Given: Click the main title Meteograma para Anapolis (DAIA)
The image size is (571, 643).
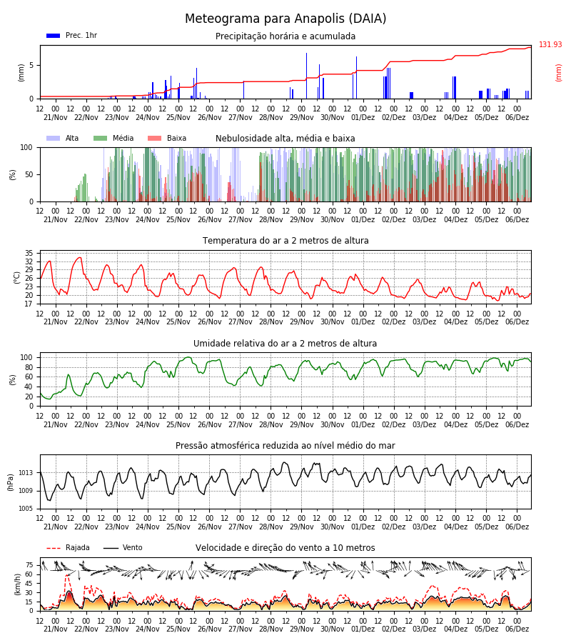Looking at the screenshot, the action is [x=285, y=19].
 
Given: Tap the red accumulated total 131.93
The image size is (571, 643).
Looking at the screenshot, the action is [x=550, y=44].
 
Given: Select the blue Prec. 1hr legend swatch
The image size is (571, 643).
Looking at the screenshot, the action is [x=54, y=36].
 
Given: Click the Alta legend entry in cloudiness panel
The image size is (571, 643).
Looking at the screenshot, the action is [x=63, y=138].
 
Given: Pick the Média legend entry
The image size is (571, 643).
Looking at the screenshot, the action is [x=113, y=138].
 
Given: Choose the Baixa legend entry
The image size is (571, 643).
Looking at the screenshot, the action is [x=167, y=138].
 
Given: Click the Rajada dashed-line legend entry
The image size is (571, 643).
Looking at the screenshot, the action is [x=68, y=547].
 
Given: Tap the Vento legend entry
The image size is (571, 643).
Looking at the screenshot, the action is [x=123, y=547].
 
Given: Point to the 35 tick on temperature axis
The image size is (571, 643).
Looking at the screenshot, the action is [x=29, y=253].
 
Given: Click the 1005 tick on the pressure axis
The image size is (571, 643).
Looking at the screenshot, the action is [x=26, y=509].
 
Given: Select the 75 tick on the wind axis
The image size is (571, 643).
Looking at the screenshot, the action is [x=29, y=565].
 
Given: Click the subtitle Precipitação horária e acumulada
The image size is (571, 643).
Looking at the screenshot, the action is [x=285, y=36].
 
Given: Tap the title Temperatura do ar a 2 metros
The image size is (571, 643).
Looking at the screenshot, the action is [x=285, y=241].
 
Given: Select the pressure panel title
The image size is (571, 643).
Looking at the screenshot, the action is [x=285, y=445].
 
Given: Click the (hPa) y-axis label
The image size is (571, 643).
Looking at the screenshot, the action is [x=11, y=482].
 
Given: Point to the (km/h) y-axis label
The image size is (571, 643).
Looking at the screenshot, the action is [x=17, y=584].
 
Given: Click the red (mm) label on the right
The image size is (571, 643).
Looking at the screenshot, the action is [x=558, y=73].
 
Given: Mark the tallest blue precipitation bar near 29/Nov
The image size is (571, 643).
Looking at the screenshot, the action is [x=306, y=76].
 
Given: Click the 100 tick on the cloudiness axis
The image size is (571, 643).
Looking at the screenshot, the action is [x=27, y=147].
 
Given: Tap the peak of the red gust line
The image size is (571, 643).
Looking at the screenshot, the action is [x=68, y=575].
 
